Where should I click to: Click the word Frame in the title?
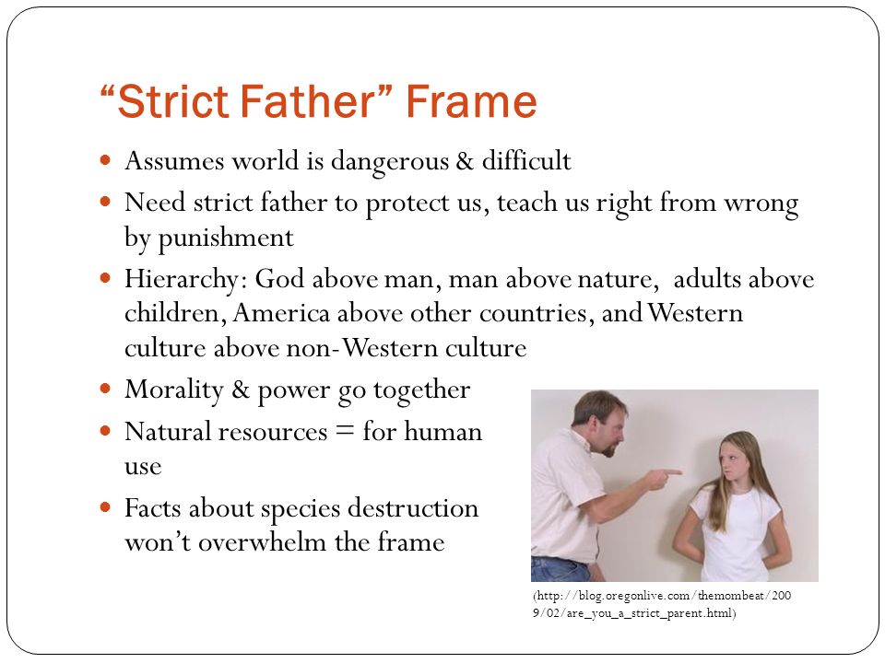click(x=471, y=101)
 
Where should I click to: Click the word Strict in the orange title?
click(x=172, y=101)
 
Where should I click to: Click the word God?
click(x=279, y=278)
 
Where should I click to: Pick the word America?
click(x=281, y=313)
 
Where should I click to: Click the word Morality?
click(x=174, y=390)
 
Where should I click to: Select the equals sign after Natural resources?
click(x=345, y=431)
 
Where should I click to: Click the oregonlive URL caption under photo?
click(x=662, y=604)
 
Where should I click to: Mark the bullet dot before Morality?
click(x=105, y=389)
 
